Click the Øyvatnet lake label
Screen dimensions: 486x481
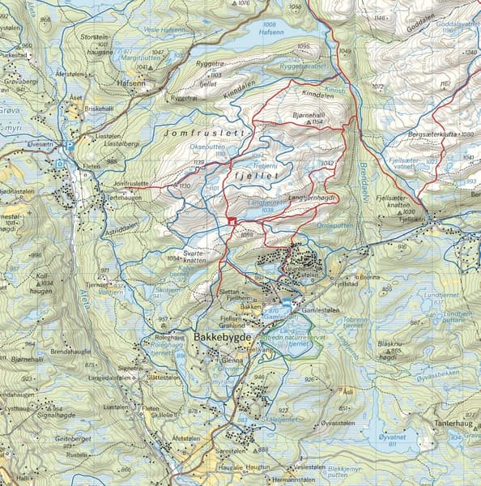tap(390, 433)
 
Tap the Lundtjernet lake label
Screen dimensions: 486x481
tap(446, 297)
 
